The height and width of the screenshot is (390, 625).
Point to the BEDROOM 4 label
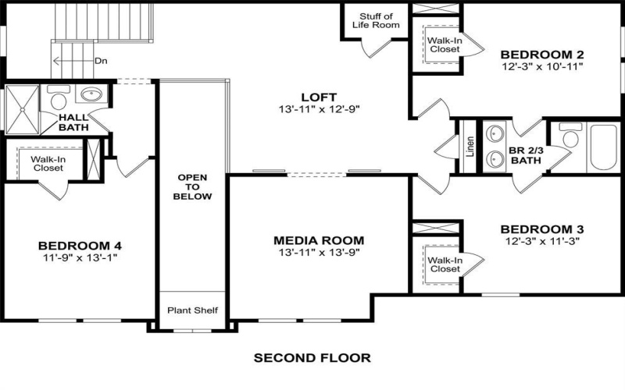click(81, 243)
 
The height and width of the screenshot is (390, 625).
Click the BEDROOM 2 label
click(541, 55)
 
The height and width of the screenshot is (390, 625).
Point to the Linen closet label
click(470, 147)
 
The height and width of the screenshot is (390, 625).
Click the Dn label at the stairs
click(101, 60)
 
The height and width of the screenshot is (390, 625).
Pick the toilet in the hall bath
click(57, 99)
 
